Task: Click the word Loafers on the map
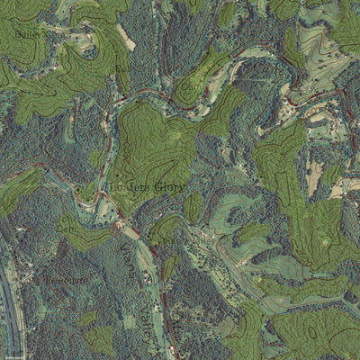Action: tap(125, 187)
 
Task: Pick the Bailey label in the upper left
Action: tap(26, 34)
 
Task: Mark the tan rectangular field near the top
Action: tap(126, 38)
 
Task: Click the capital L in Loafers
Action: tap(106, 187)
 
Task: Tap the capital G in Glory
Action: tap(156, 187)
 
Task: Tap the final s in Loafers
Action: tap(145, 187)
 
